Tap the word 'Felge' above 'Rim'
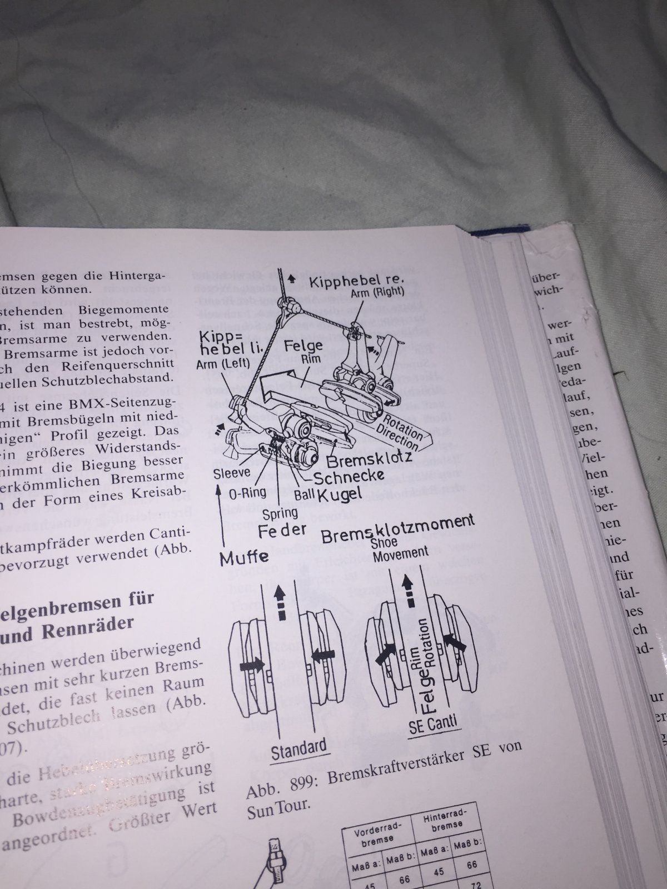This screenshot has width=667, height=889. click(x=303, y=346)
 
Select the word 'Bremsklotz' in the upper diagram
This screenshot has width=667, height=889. click(x=369, y=460)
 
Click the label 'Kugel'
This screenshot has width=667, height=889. click(x=341, y=493)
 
